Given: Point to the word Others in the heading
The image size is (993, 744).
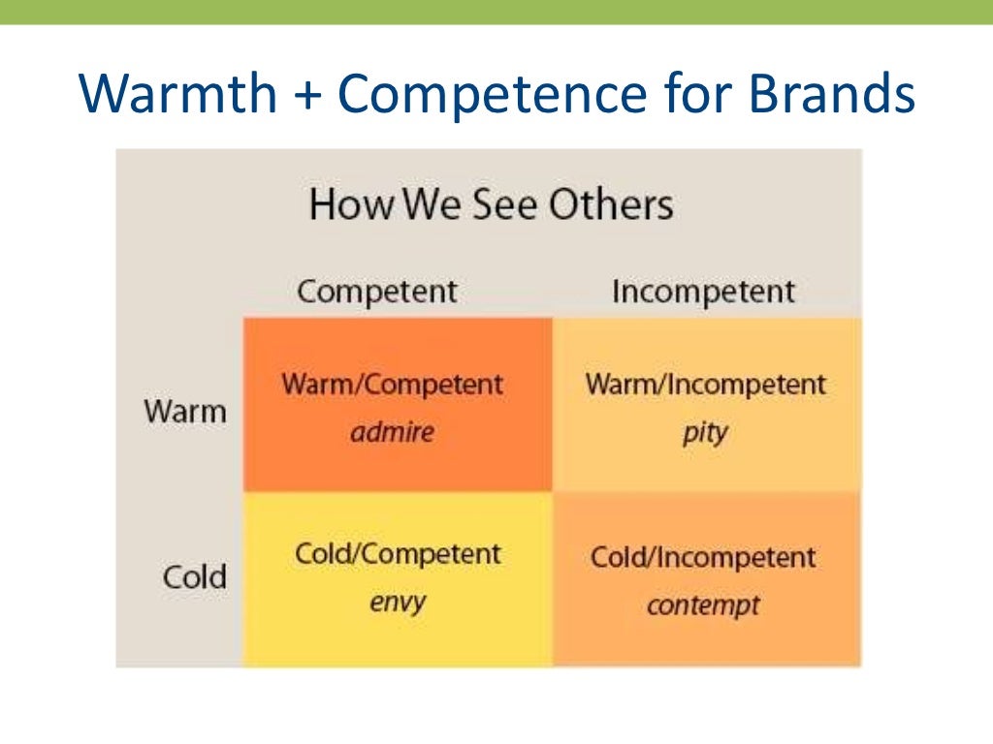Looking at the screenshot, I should click(610, 205).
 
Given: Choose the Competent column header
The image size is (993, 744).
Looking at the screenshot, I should click(376, 292).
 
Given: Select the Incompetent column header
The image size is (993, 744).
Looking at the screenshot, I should click(703, 292).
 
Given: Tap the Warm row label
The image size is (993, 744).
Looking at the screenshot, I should click(185, 411).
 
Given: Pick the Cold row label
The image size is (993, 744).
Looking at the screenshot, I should click(194, 578).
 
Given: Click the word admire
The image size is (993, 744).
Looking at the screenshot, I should click(392, 431).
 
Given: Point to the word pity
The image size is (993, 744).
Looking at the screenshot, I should click(704, 431).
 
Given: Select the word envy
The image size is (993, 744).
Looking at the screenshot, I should click(398, 603).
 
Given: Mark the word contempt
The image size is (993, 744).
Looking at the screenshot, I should click(703, 606).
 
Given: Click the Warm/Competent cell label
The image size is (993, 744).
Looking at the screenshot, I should click(393, 385).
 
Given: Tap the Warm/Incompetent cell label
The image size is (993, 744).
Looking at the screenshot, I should click(705, 385).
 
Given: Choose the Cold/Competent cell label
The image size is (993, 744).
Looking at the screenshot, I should click(398, 555).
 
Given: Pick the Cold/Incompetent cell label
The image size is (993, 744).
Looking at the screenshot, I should click(703, 558).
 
